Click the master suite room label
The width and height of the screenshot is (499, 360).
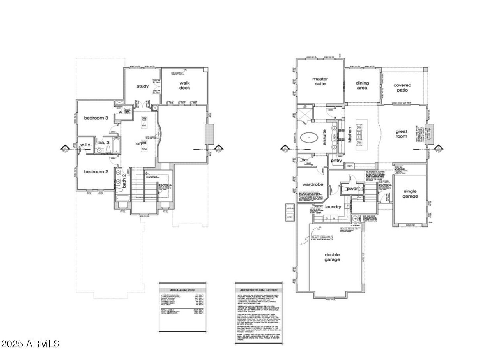(320, 81)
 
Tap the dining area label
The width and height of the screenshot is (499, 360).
(362, 85)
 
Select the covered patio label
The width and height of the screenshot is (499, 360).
(402, 87)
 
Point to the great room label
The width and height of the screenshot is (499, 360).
(401, 134)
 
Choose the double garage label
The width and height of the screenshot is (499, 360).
(332, 257)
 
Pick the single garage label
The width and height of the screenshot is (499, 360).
(410, 193)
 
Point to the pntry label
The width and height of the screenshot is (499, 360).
(336, 161)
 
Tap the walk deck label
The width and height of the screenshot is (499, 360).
(184, 85)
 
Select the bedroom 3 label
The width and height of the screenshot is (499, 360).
(96, 118)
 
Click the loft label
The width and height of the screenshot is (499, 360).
(138, 143)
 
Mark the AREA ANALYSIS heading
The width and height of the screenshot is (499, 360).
(182, 290)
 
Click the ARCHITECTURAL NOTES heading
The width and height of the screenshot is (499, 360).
(258, 290)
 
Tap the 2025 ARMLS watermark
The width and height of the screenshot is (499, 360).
(30, 344)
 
